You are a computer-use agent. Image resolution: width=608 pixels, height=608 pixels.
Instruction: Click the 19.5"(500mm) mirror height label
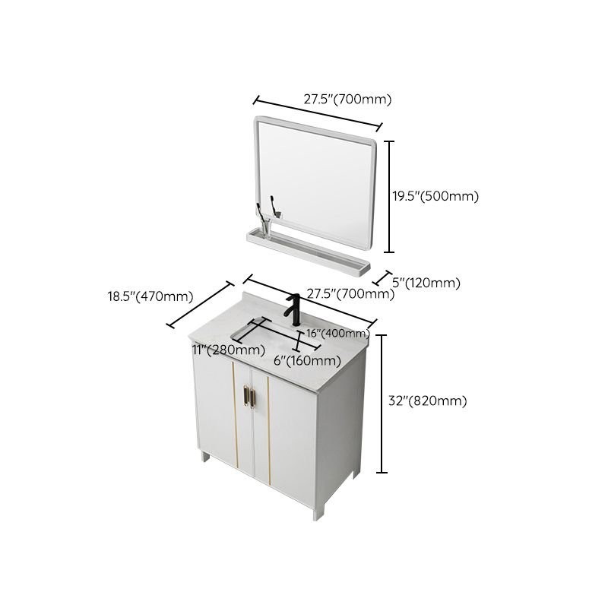[x=435, y=196]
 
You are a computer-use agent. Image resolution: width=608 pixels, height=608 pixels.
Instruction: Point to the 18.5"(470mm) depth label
[x=150, y=296]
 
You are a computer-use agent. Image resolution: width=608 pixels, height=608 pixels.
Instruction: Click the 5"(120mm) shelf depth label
[x=426, y=283]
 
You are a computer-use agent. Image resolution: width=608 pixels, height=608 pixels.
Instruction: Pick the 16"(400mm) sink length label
[x=338, y=334]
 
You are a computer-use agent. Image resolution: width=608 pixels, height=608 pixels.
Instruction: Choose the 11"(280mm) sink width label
[x=227, y=350]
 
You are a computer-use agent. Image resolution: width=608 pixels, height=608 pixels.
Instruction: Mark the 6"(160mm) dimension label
[x=306, y=360]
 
